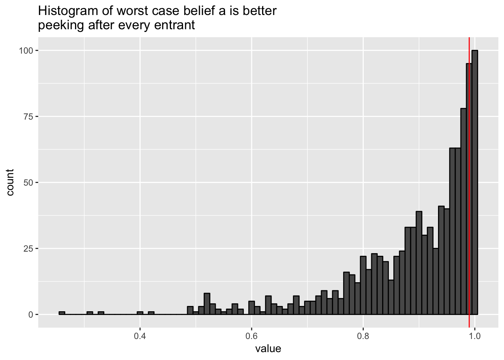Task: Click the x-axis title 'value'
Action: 268,349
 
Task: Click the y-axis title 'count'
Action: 10,182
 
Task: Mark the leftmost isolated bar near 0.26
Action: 62,313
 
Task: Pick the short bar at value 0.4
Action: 140,313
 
